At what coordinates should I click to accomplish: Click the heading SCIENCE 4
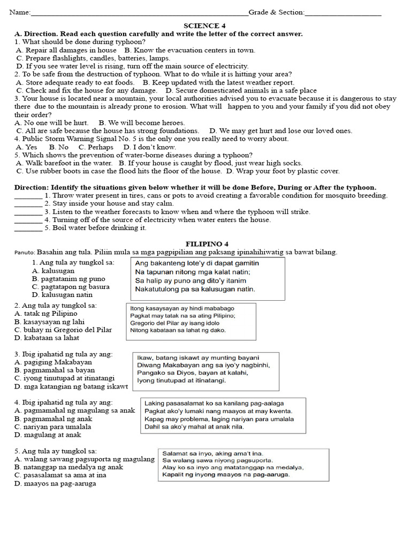[201, 26]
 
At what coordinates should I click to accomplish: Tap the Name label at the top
[19, 12]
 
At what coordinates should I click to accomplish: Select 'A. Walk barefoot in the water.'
[64, 163]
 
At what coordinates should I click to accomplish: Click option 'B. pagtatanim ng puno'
[68, 279]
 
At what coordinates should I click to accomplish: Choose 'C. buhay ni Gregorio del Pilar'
[63, 330]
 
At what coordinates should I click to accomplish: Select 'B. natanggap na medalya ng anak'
[68, 467]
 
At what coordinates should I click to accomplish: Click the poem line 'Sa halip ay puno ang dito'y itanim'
[191, 280]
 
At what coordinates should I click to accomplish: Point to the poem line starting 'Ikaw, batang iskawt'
[198, 357]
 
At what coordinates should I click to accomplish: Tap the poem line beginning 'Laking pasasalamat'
[214, 403]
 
